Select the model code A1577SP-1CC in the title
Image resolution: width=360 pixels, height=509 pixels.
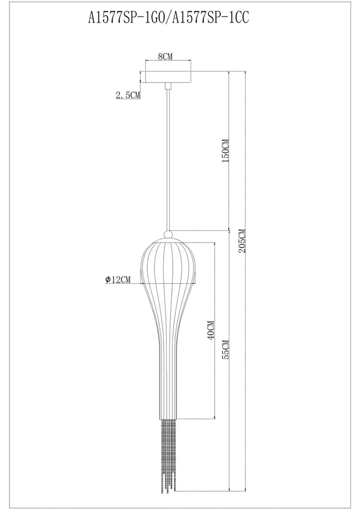click(211, 18)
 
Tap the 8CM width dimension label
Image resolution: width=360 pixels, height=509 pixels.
click(165, 56)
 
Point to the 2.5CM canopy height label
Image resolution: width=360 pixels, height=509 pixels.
click(127, 95)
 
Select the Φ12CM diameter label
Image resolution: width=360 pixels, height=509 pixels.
click(118, 279)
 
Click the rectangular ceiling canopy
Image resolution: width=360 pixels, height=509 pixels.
click(168, 77)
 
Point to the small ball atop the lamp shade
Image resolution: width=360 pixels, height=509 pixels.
click(168, 234)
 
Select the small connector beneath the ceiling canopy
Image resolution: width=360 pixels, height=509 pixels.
click(168, 86)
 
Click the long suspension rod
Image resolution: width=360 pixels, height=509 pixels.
click(168, 158)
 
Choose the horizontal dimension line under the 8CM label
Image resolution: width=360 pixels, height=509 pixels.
click(168, 60)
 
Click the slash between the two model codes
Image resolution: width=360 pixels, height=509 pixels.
click(169, 18)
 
